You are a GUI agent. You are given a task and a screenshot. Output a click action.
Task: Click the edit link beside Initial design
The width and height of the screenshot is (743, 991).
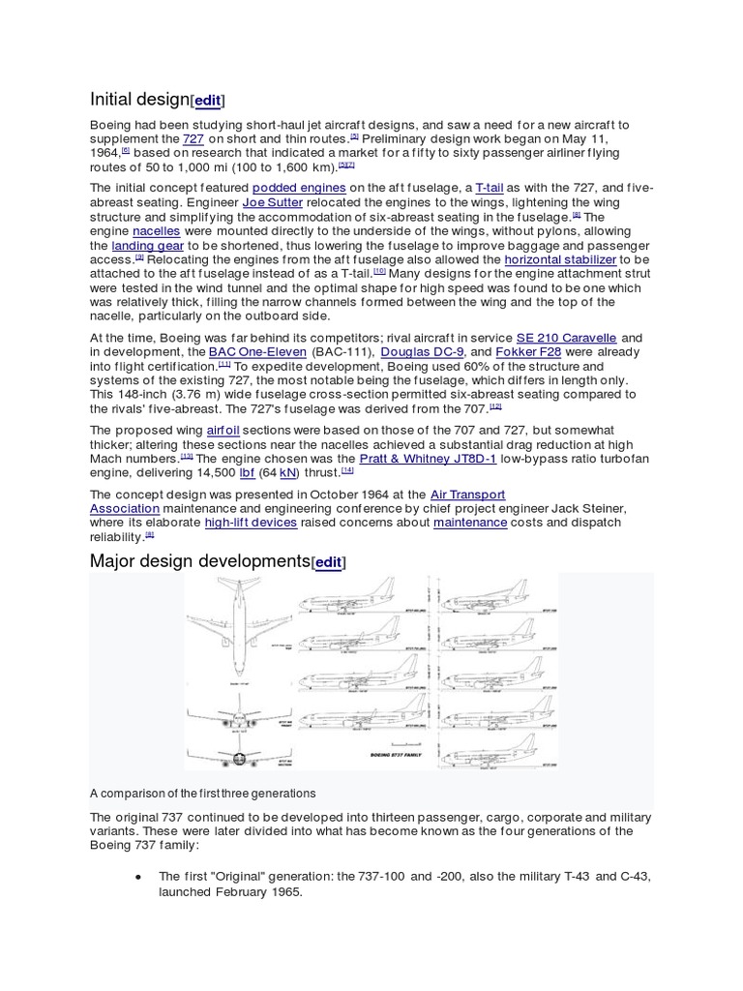[208, 100]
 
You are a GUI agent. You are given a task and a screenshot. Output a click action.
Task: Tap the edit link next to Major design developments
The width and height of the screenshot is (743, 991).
[328, 562]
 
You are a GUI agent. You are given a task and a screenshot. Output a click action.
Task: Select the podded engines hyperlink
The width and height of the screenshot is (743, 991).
[299, 188]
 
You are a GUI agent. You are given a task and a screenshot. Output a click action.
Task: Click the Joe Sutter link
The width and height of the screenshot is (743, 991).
[272, 202]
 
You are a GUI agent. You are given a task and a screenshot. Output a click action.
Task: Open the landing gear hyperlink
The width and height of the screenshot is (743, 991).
[147, 246]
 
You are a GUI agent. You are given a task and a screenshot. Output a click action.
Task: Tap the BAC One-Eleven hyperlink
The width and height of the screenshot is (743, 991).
[257, 352]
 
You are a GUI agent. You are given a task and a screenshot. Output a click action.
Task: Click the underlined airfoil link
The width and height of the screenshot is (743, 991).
[223, 430]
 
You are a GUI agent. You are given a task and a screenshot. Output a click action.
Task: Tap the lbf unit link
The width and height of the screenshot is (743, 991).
[247, 472]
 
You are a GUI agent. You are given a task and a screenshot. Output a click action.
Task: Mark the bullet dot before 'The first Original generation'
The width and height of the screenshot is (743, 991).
[138, 877]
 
